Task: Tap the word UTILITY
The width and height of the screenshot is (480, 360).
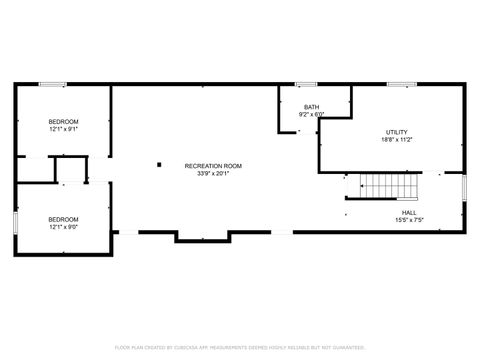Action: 397,132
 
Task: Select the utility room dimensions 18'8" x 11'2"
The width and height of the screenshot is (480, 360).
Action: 397,140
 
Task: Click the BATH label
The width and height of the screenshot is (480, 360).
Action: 312,106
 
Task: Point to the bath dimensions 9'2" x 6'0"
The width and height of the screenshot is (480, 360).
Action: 312,114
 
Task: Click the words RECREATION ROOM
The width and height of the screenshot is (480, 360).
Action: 213,166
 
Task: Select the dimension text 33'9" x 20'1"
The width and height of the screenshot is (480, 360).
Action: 213,174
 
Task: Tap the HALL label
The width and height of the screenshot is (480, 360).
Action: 409,212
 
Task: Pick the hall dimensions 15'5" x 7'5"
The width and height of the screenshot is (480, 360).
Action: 409,220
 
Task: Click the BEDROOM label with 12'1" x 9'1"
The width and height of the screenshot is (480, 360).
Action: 63,121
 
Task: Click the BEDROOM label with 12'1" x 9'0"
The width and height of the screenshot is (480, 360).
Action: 63,218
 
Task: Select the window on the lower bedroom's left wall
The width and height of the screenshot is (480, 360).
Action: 15,221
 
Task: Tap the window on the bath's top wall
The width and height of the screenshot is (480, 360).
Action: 306,84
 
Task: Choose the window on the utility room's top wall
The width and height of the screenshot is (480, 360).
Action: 402,84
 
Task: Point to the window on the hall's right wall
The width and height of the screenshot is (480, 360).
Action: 465,187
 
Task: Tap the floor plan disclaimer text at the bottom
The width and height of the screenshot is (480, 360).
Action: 240,348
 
